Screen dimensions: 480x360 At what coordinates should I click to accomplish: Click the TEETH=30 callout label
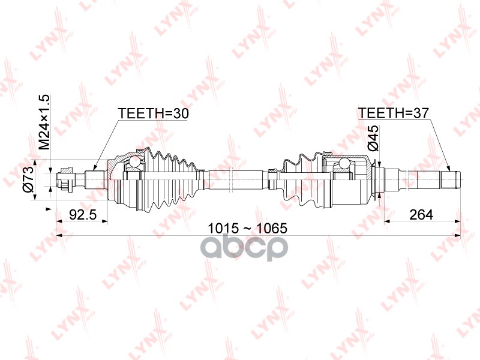click(x=154, y=113)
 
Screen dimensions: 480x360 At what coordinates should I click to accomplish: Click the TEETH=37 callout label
click(x=394, y=113)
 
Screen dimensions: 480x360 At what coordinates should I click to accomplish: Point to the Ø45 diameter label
click(x=373, y=138)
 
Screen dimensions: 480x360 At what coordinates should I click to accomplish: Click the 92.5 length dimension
click(x=83, y=215)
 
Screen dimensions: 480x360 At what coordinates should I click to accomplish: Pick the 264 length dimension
click(x=421, y=215)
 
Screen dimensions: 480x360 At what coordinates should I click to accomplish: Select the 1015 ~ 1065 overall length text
click(x=247, y=228)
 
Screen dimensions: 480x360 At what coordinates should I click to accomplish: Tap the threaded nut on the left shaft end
click(x=66, y=179)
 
